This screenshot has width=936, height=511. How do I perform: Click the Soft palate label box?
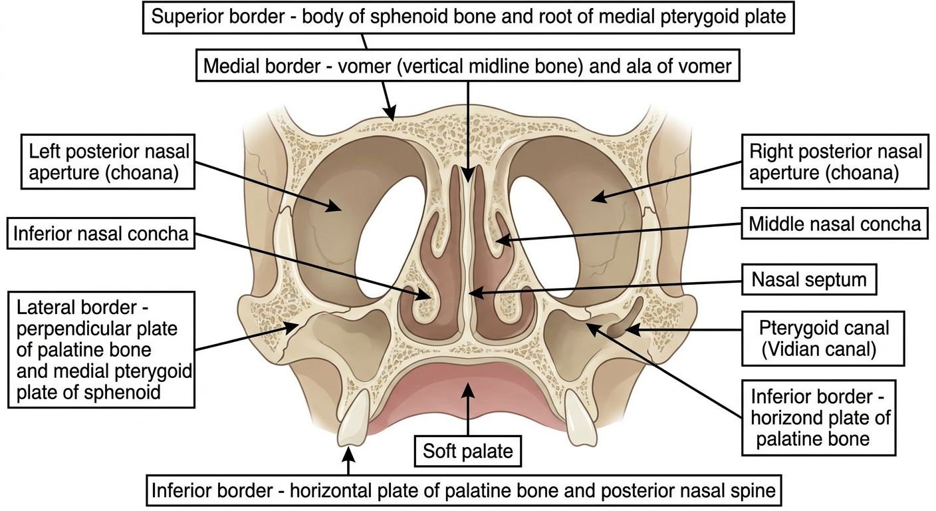(467, 450)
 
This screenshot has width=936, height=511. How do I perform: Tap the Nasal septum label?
(809, 279)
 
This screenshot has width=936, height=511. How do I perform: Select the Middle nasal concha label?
(834, 224)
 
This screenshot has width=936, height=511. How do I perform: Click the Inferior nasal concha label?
(100, 234)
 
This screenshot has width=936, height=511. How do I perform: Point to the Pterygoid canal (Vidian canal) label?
(823, 339)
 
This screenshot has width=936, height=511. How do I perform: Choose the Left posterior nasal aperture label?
(108, 162)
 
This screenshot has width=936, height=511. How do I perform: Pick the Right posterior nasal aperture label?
(835, 162)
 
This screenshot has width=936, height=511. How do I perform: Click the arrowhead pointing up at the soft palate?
(467, 391)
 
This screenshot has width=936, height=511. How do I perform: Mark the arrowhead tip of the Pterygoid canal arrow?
(626, 330)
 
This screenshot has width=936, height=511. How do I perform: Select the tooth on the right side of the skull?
(580, 418)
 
